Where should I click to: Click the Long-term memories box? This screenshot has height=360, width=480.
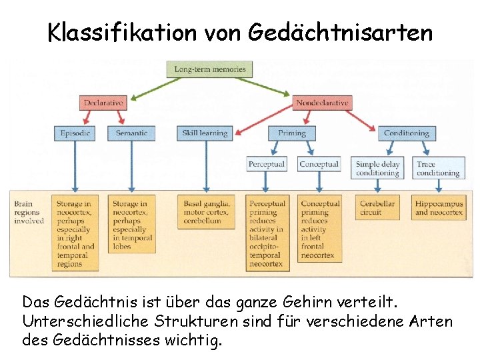210,69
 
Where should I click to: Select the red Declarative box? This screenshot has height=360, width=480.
103,103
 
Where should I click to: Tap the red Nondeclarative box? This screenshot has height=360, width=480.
322,103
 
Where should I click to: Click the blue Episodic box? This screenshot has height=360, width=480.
75,133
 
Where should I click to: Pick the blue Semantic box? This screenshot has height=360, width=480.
131,133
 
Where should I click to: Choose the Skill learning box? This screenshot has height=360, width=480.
205,133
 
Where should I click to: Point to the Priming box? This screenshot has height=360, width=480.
291,133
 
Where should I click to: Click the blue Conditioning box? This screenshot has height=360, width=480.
406,133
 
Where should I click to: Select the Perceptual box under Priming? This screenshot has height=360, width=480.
266,164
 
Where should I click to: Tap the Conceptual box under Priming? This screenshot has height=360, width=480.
319,164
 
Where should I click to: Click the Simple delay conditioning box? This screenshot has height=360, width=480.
377,168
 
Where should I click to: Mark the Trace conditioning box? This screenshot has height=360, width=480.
438,168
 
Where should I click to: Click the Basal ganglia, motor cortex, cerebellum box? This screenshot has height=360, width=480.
206,212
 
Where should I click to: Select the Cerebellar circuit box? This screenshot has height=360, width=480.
377,207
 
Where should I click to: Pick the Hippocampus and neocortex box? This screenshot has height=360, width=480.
438,207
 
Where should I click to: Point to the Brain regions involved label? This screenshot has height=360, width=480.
29,212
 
